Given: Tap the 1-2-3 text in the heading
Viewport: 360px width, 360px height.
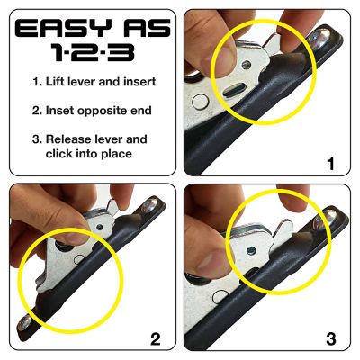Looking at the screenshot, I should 90,52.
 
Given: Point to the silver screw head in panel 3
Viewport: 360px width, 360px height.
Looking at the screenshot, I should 336,216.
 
